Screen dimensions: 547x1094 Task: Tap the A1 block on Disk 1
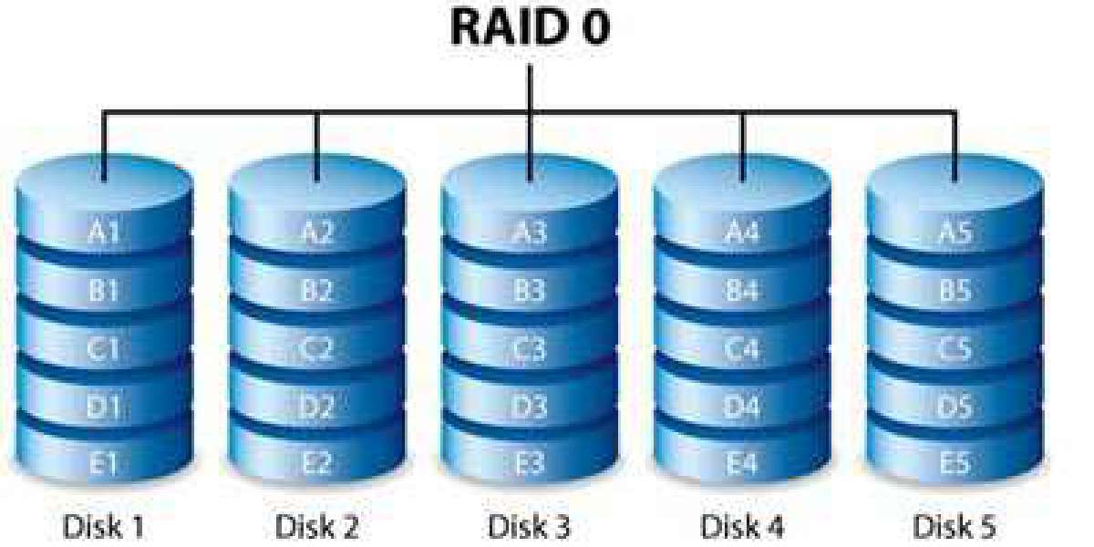tap(104, 232)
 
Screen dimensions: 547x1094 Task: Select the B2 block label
tap(317, 292)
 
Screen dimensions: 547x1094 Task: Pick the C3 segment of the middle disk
tap(530, 349)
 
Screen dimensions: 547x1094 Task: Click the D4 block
tap(742, 406)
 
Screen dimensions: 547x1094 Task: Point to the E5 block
tap(955, 464)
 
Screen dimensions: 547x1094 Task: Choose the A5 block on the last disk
tap(955, 232)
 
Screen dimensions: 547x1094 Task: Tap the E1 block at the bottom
tap(104, 464)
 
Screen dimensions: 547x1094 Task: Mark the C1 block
tap(104, 349)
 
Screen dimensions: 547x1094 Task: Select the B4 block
tap(742, 292)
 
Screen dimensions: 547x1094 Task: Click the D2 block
tap(317, 406)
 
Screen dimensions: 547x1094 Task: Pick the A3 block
tap(530, 232)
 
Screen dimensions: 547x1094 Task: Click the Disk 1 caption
tap(104, 526)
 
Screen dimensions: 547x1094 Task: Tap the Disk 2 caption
tap(317, 526)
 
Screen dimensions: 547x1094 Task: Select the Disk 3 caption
tap(530, 526)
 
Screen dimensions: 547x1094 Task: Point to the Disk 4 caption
tap(742, 526)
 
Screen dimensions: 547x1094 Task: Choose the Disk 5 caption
tap(955, 526)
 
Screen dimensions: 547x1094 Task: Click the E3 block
tap(530, 464)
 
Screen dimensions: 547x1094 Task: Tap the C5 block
tap(955, 349)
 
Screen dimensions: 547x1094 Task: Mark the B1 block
tap(104, 292)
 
